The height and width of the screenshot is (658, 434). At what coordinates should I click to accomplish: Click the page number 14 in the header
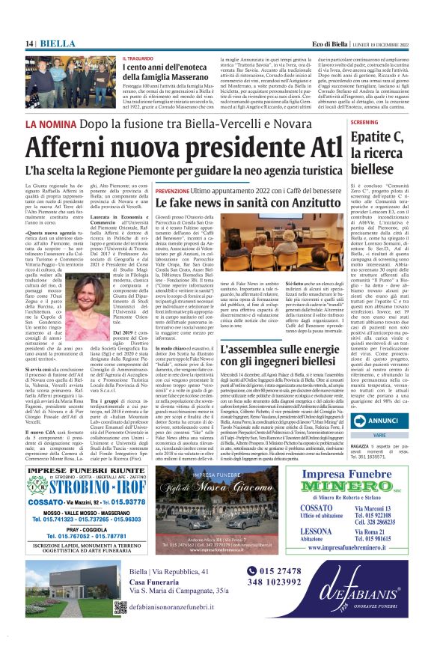[30, 44]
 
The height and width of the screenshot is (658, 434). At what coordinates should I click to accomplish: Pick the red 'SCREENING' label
[364, 122]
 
